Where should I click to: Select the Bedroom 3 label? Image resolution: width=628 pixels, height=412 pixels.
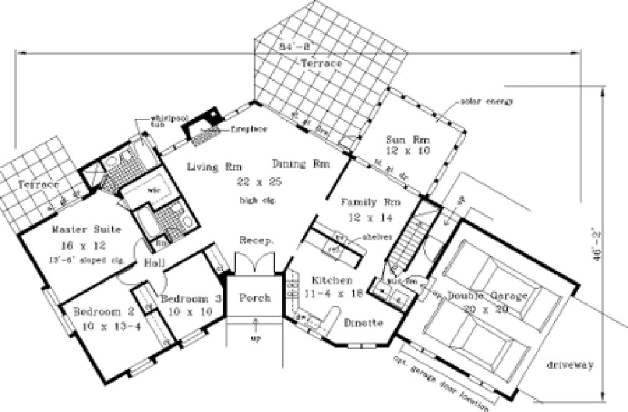(x=191, y=299)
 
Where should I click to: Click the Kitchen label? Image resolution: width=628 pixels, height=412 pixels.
(x=327, y=281)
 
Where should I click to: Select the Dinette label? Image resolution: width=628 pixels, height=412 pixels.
(x=364, y=323)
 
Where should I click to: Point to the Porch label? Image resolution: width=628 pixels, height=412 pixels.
(x=255, y=298)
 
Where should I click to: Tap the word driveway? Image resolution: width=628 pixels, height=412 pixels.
(x=571, y=365)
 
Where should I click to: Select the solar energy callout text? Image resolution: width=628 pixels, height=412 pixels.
(x=487, y=101)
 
